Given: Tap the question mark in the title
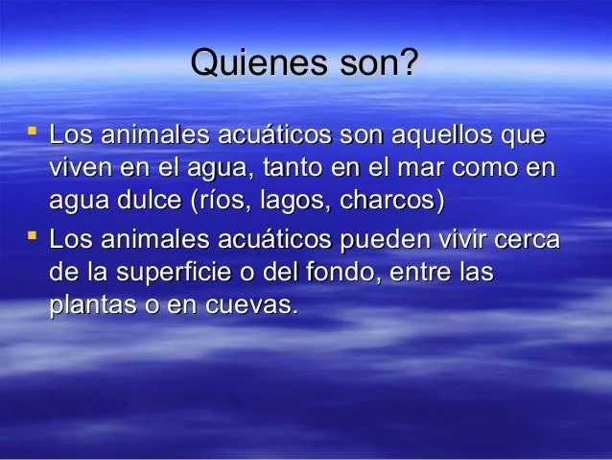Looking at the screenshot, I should pyautogui.click(x=412, y=66).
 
